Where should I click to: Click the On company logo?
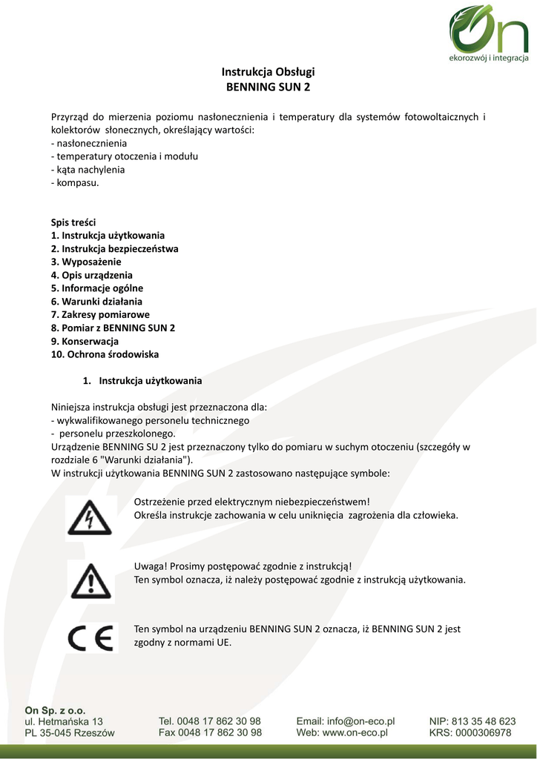pos(488,33)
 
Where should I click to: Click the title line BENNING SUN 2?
pos(268,87)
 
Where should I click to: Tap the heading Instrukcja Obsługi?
pos(268,72)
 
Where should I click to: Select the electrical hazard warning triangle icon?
pos(90,516)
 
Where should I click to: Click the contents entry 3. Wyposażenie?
pos(86,262)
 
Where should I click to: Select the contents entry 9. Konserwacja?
pos(85,341)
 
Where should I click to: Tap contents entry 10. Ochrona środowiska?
pos(105,354)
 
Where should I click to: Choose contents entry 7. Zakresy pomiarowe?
pos(100,314)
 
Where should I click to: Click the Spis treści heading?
pos(73,222)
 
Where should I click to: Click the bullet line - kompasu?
pos(74,182)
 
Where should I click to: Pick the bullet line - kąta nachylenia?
pos(88,169)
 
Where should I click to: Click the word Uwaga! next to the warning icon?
pos(150,566)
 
